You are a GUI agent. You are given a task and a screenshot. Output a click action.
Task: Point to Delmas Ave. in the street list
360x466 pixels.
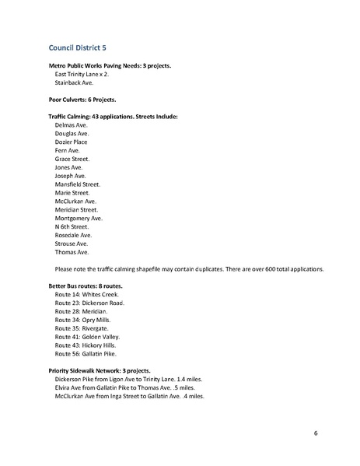coord(72,124)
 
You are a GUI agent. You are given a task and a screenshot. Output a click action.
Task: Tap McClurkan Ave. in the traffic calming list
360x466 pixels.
coord(75,201)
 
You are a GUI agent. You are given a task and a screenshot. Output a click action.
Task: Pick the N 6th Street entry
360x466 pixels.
coord(73,226)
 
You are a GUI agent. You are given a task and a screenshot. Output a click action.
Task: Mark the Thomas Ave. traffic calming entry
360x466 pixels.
coord(72,252)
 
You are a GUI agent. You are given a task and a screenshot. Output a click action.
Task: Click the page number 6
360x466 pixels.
coord(316,433)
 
